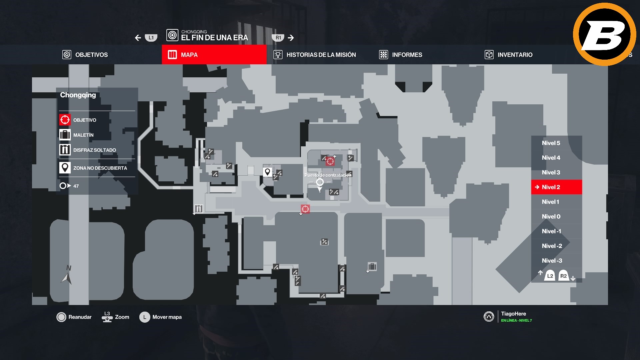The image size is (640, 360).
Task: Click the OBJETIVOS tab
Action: pos(85,55)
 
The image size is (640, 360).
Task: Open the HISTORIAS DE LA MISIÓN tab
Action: pos(315,55)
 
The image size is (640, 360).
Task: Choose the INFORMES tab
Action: pos(401,55)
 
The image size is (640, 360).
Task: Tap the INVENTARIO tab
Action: pos(509,55)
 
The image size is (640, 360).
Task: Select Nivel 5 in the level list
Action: pos(551,143)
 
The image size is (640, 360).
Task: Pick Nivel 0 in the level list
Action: pos(551,216)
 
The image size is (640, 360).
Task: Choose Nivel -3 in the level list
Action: pos(552,260)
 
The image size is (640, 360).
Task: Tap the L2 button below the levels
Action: pos(550,276)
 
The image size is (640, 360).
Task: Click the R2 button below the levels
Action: pos(563,276)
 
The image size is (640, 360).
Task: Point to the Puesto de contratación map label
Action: pos(328,175)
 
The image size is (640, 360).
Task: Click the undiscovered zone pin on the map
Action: pos(267,172)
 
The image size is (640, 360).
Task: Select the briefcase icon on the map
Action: pos(372,266)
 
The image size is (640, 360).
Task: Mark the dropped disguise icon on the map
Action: pos(199,209)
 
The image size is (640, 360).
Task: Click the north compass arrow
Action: pos(67,278)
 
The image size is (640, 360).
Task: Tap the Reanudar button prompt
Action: pos(74,317)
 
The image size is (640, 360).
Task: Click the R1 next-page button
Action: pos(278,38)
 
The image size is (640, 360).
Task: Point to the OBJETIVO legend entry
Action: pos(85,120)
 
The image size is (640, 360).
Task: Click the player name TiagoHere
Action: pos(513,314)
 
